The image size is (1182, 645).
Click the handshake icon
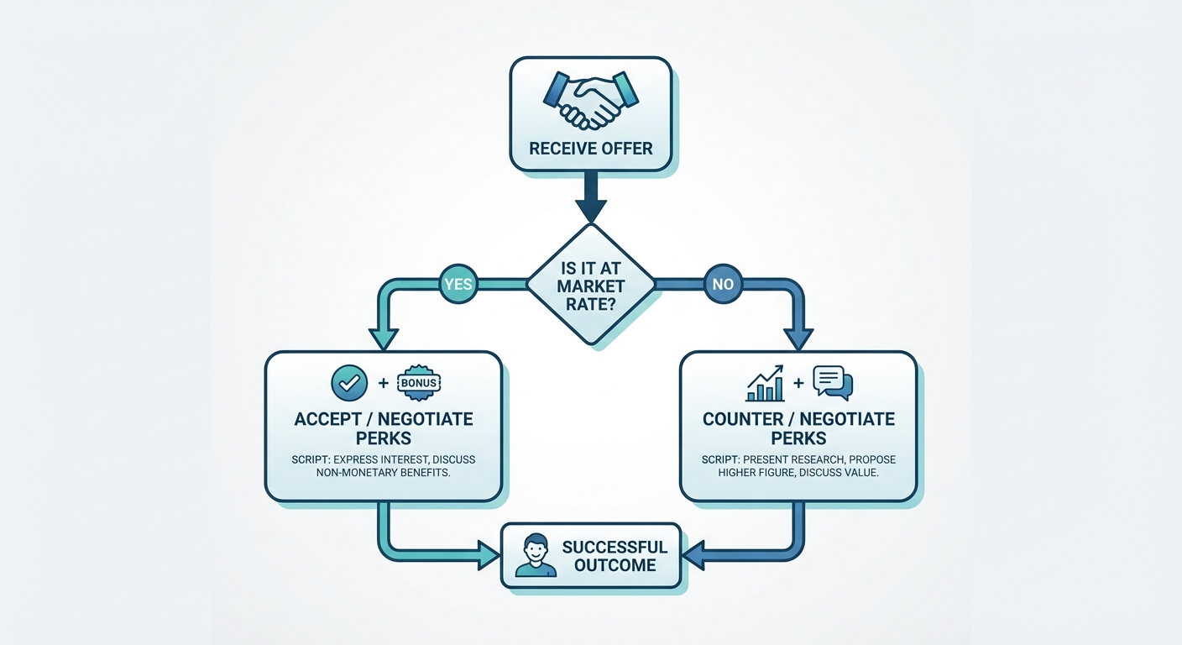(590, 99)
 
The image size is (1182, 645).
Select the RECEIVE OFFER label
(590, 149)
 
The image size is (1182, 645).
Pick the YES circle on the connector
(458, 284)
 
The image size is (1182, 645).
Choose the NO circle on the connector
(723, 284)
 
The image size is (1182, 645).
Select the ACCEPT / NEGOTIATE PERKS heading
(384, 428)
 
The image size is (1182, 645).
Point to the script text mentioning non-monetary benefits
(384, 466)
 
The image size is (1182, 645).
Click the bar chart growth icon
(765, 383)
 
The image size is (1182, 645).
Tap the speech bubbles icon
(832, 383)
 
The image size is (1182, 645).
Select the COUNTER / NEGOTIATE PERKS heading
(798, 428)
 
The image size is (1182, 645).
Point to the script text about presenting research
(798, 466)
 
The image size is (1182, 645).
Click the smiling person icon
(536, 556)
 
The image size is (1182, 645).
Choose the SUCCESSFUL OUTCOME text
(615, 556)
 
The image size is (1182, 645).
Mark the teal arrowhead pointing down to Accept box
(384, 338)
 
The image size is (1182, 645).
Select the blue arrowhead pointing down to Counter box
(798, 338)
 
